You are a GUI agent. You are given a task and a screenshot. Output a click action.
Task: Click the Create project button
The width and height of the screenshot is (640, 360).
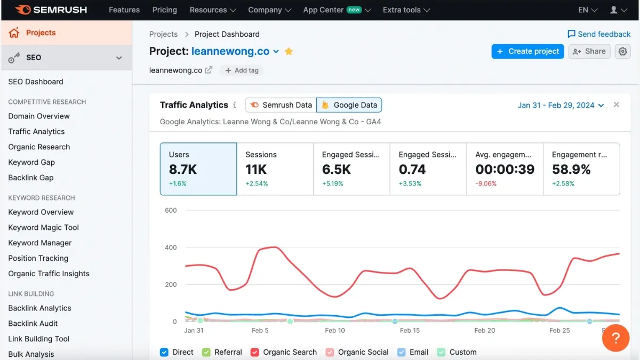pyautogui.click(x=527, y=51)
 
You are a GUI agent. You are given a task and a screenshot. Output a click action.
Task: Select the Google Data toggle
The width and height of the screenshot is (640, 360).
pyautogui.click(x=349, y=105)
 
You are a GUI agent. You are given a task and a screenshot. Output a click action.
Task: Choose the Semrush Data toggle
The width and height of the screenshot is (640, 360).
pyautogui.click(x=281, y=105)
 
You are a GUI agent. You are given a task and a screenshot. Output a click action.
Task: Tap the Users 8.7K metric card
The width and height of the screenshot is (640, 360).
pyautogui.click(x=198, y=169)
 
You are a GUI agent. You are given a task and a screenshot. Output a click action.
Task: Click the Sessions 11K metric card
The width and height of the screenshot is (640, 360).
pyautogui.click(x=275, y=169)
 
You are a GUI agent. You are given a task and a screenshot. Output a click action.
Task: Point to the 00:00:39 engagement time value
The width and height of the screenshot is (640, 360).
pyautogui.click(x=505, y=170)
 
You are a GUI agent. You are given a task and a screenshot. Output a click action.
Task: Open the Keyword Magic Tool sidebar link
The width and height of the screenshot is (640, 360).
pyautogui.click(x=44, y=227)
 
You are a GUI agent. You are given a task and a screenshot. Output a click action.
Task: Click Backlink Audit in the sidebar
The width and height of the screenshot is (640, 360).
pyautogui.click(x=33, y=323)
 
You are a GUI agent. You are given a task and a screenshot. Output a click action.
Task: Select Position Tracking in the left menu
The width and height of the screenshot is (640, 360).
pyautogui.click(x=38, y=258)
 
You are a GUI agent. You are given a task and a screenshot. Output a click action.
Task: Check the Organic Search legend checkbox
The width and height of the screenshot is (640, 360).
pyautogui.click(x=255, y=352)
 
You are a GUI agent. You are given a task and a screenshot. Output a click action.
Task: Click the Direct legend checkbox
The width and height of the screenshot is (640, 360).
pyautogui.click(x=164, y=352)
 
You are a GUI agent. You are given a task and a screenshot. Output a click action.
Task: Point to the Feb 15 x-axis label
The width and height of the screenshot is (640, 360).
pyautogui.click(x=410, y=330)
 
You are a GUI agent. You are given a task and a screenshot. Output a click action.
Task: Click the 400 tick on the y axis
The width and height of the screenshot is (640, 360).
pyautogui.click(x=171, y=247)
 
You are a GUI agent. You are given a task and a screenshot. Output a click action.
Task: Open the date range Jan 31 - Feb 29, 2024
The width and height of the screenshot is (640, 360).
pyautogui.click(x=561, y=105)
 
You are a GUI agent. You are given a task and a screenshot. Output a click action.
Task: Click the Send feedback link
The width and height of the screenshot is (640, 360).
pyautogui.click(x=599, y=34)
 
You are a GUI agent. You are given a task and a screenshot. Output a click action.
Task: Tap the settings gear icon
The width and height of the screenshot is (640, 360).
pyautogui.click(x=622, y=51)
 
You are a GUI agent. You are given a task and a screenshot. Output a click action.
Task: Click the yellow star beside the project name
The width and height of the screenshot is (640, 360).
pyautogui.click(x=289, y=51)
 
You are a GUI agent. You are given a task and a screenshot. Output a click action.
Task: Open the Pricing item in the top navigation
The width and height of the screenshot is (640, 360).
pyautogui.click(x=165, y=10)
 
